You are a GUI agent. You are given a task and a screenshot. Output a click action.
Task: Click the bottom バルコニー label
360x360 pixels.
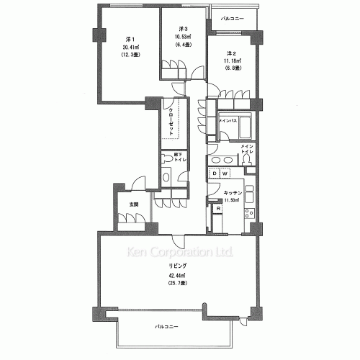click(x=166, y=327)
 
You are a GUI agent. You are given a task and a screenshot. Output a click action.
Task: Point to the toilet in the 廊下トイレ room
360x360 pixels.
click(x=167, y=177)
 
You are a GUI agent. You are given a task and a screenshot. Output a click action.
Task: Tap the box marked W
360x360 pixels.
click(x=225, y=174)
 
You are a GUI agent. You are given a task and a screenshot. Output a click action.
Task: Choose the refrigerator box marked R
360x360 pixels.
click(x=218, y=208)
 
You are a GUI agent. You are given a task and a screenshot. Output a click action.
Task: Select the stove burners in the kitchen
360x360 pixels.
click(x=250, y=212)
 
